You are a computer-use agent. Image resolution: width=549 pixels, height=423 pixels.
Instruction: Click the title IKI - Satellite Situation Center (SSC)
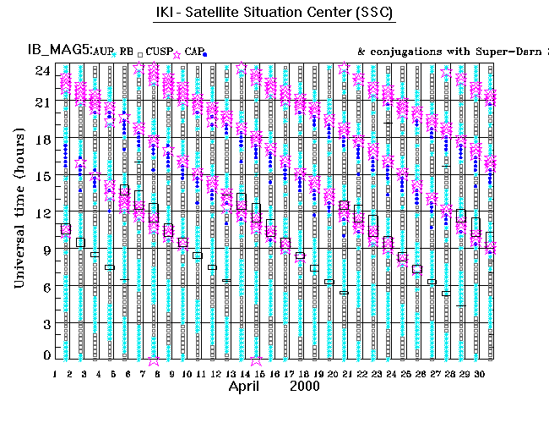[x=274, y=14]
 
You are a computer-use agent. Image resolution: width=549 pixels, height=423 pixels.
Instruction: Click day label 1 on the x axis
[x=55, y=373]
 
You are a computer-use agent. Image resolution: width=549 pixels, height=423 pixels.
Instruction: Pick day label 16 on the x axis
[x=274, y=373]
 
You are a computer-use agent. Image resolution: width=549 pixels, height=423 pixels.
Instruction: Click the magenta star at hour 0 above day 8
[x=154, y=360]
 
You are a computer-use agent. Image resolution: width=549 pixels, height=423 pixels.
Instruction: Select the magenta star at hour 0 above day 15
[x=256, y=360]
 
